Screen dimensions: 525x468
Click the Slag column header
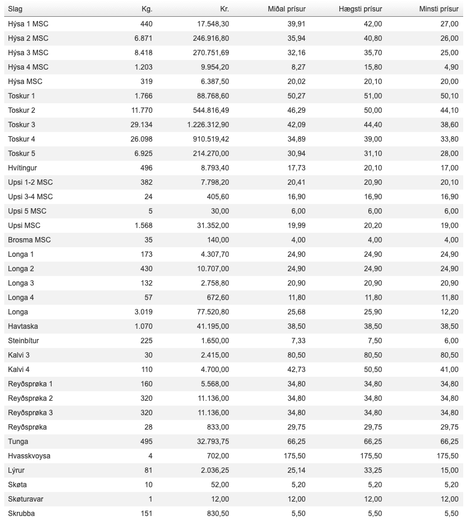click(16, 10)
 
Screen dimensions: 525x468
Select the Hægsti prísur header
click(360, 10)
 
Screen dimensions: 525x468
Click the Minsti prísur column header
click(439, 10)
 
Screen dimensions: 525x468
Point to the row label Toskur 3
click(22, 125)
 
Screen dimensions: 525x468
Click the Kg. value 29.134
click(141, 125)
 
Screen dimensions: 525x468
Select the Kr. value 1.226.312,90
click(208, 125)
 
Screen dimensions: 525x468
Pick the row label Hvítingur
click(22, 168)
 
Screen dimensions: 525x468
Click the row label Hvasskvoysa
click(29, 456)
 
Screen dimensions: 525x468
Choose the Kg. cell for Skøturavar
click(150, 499)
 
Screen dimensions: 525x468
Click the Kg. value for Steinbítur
click(146, 341)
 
